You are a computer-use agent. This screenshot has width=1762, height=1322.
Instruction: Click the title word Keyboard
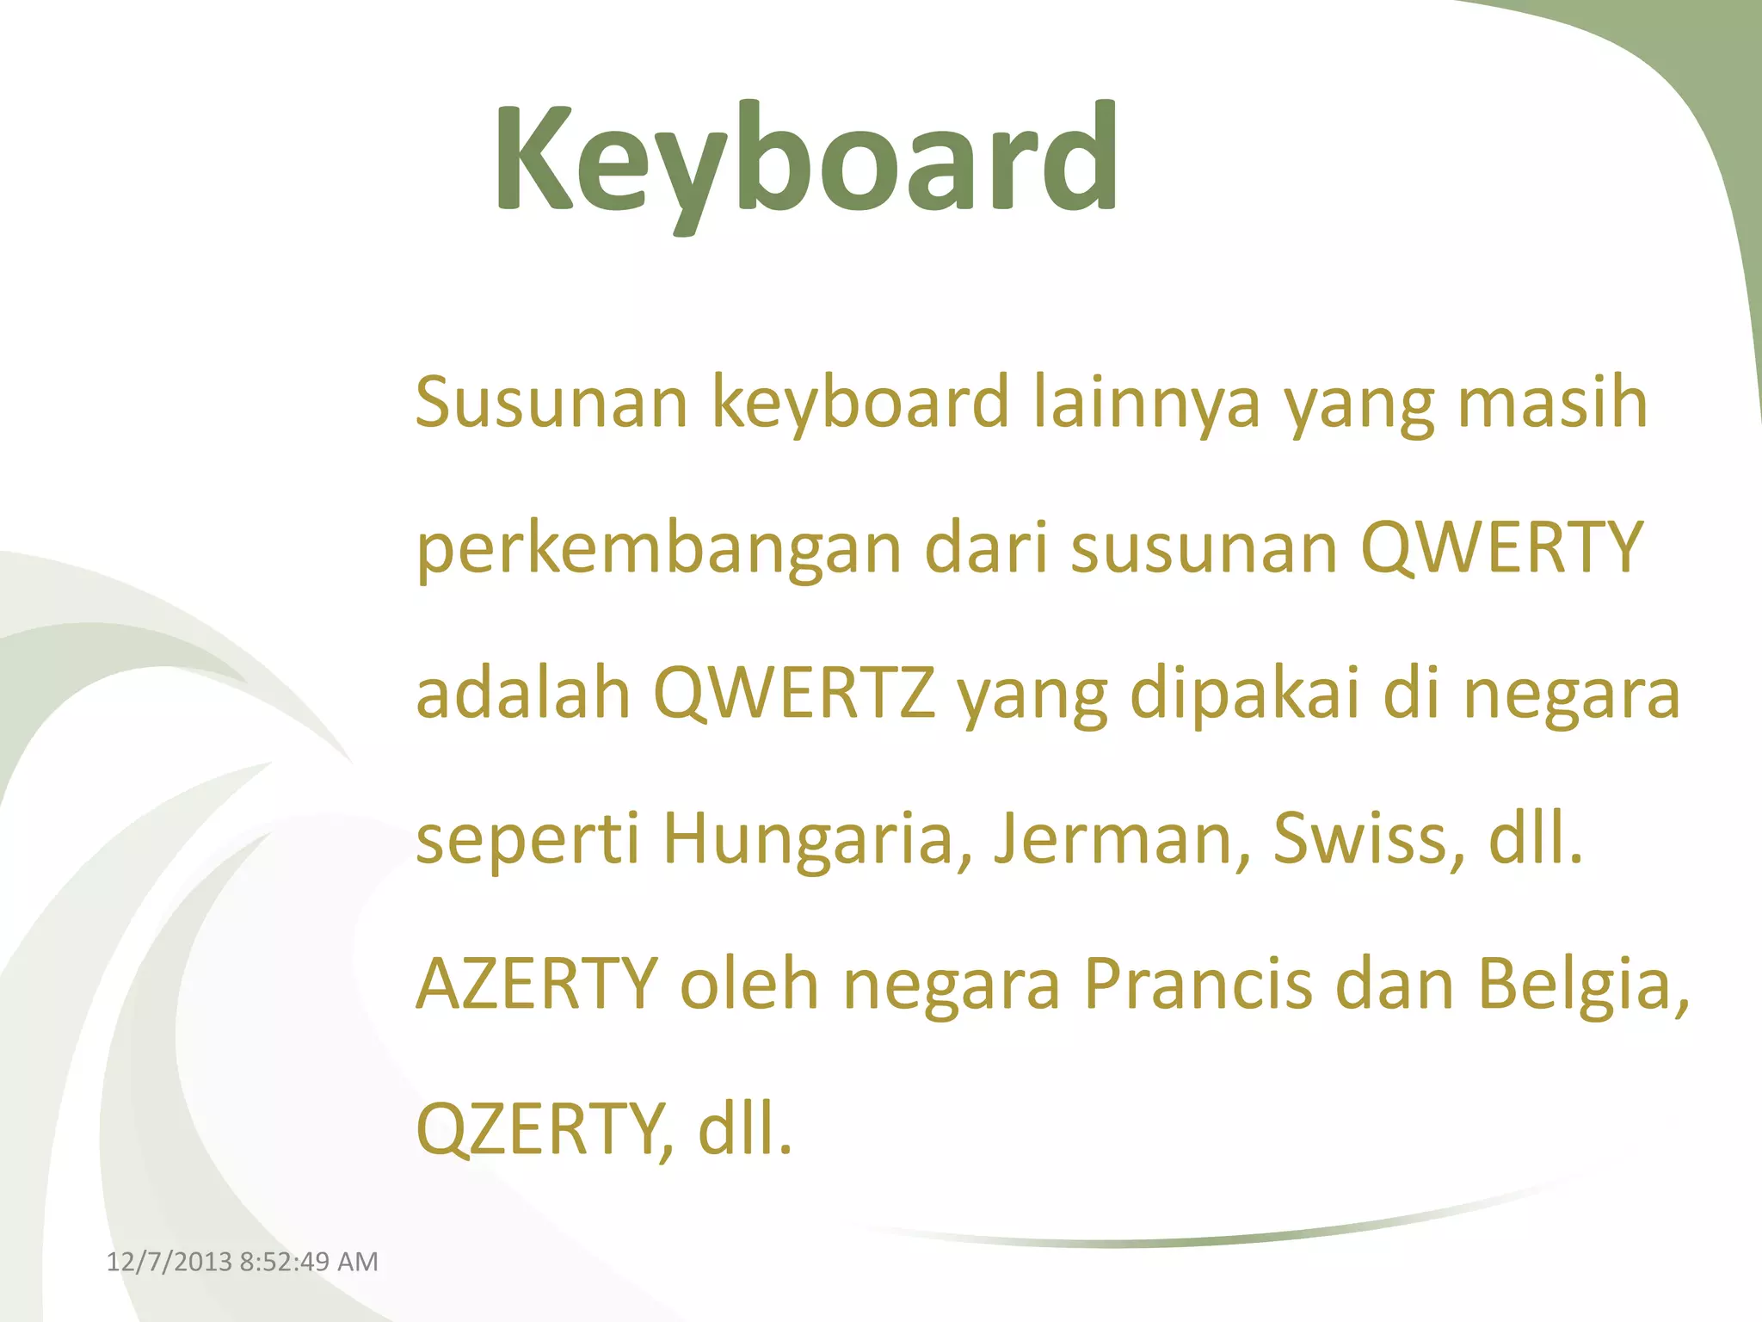tap(806, 159)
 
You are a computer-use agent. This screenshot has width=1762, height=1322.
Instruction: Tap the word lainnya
tap(1146, 402)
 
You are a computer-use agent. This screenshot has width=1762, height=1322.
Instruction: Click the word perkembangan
tap(658, 550)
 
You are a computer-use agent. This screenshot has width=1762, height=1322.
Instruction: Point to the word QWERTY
tap(1501, 548)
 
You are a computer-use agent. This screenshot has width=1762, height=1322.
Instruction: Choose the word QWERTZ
tap(794, 694)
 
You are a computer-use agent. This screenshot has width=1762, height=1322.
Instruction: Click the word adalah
tap(523, 694)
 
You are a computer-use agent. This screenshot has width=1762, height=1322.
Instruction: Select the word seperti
tap(527, 840)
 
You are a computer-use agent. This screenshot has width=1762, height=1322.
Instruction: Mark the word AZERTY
tap(537, 984)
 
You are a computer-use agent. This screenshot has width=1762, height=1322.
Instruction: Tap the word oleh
tap(749, 984)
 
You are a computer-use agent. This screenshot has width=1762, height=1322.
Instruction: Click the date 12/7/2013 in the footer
tap(169, 1262)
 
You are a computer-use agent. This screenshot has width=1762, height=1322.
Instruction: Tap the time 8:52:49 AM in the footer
tap(309, 1262)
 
